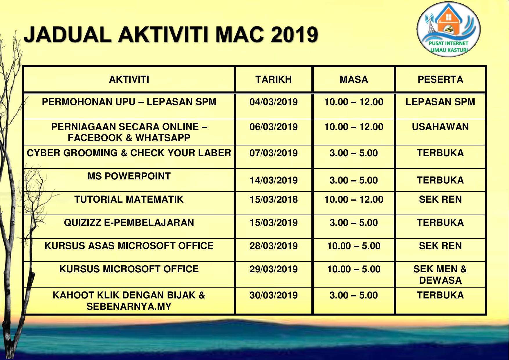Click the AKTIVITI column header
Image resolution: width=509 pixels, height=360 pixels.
tap(129, 80)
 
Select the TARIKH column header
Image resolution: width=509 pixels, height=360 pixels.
tap(274, 80)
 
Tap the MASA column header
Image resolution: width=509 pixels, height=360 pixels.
tap(354, 80)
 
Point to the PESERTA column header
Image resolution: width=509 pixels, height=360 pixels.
tap(440, 80)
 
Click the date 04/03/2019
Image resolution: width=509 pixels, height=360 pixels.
tap(274, 102)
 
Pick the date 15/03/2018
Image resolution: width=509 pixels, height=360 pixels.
tap(274, 199)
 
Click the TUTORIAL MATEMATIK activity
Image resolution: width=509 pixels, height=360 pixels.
tap(129, 199)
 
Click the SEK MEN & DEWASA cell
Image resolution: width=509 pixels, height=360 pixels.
tap(440, 275)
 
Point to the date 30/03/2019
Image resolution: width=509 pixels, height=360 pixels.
tap(274, 295)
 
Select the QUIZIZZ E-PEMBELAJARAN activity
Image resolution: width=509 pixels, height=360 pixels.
tap(129, 223)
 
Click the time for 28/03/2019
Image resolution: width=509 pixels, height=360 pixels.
tap(354, 246)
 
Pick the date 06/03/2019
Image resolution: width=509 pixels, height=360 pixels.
tap(274, 127)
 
